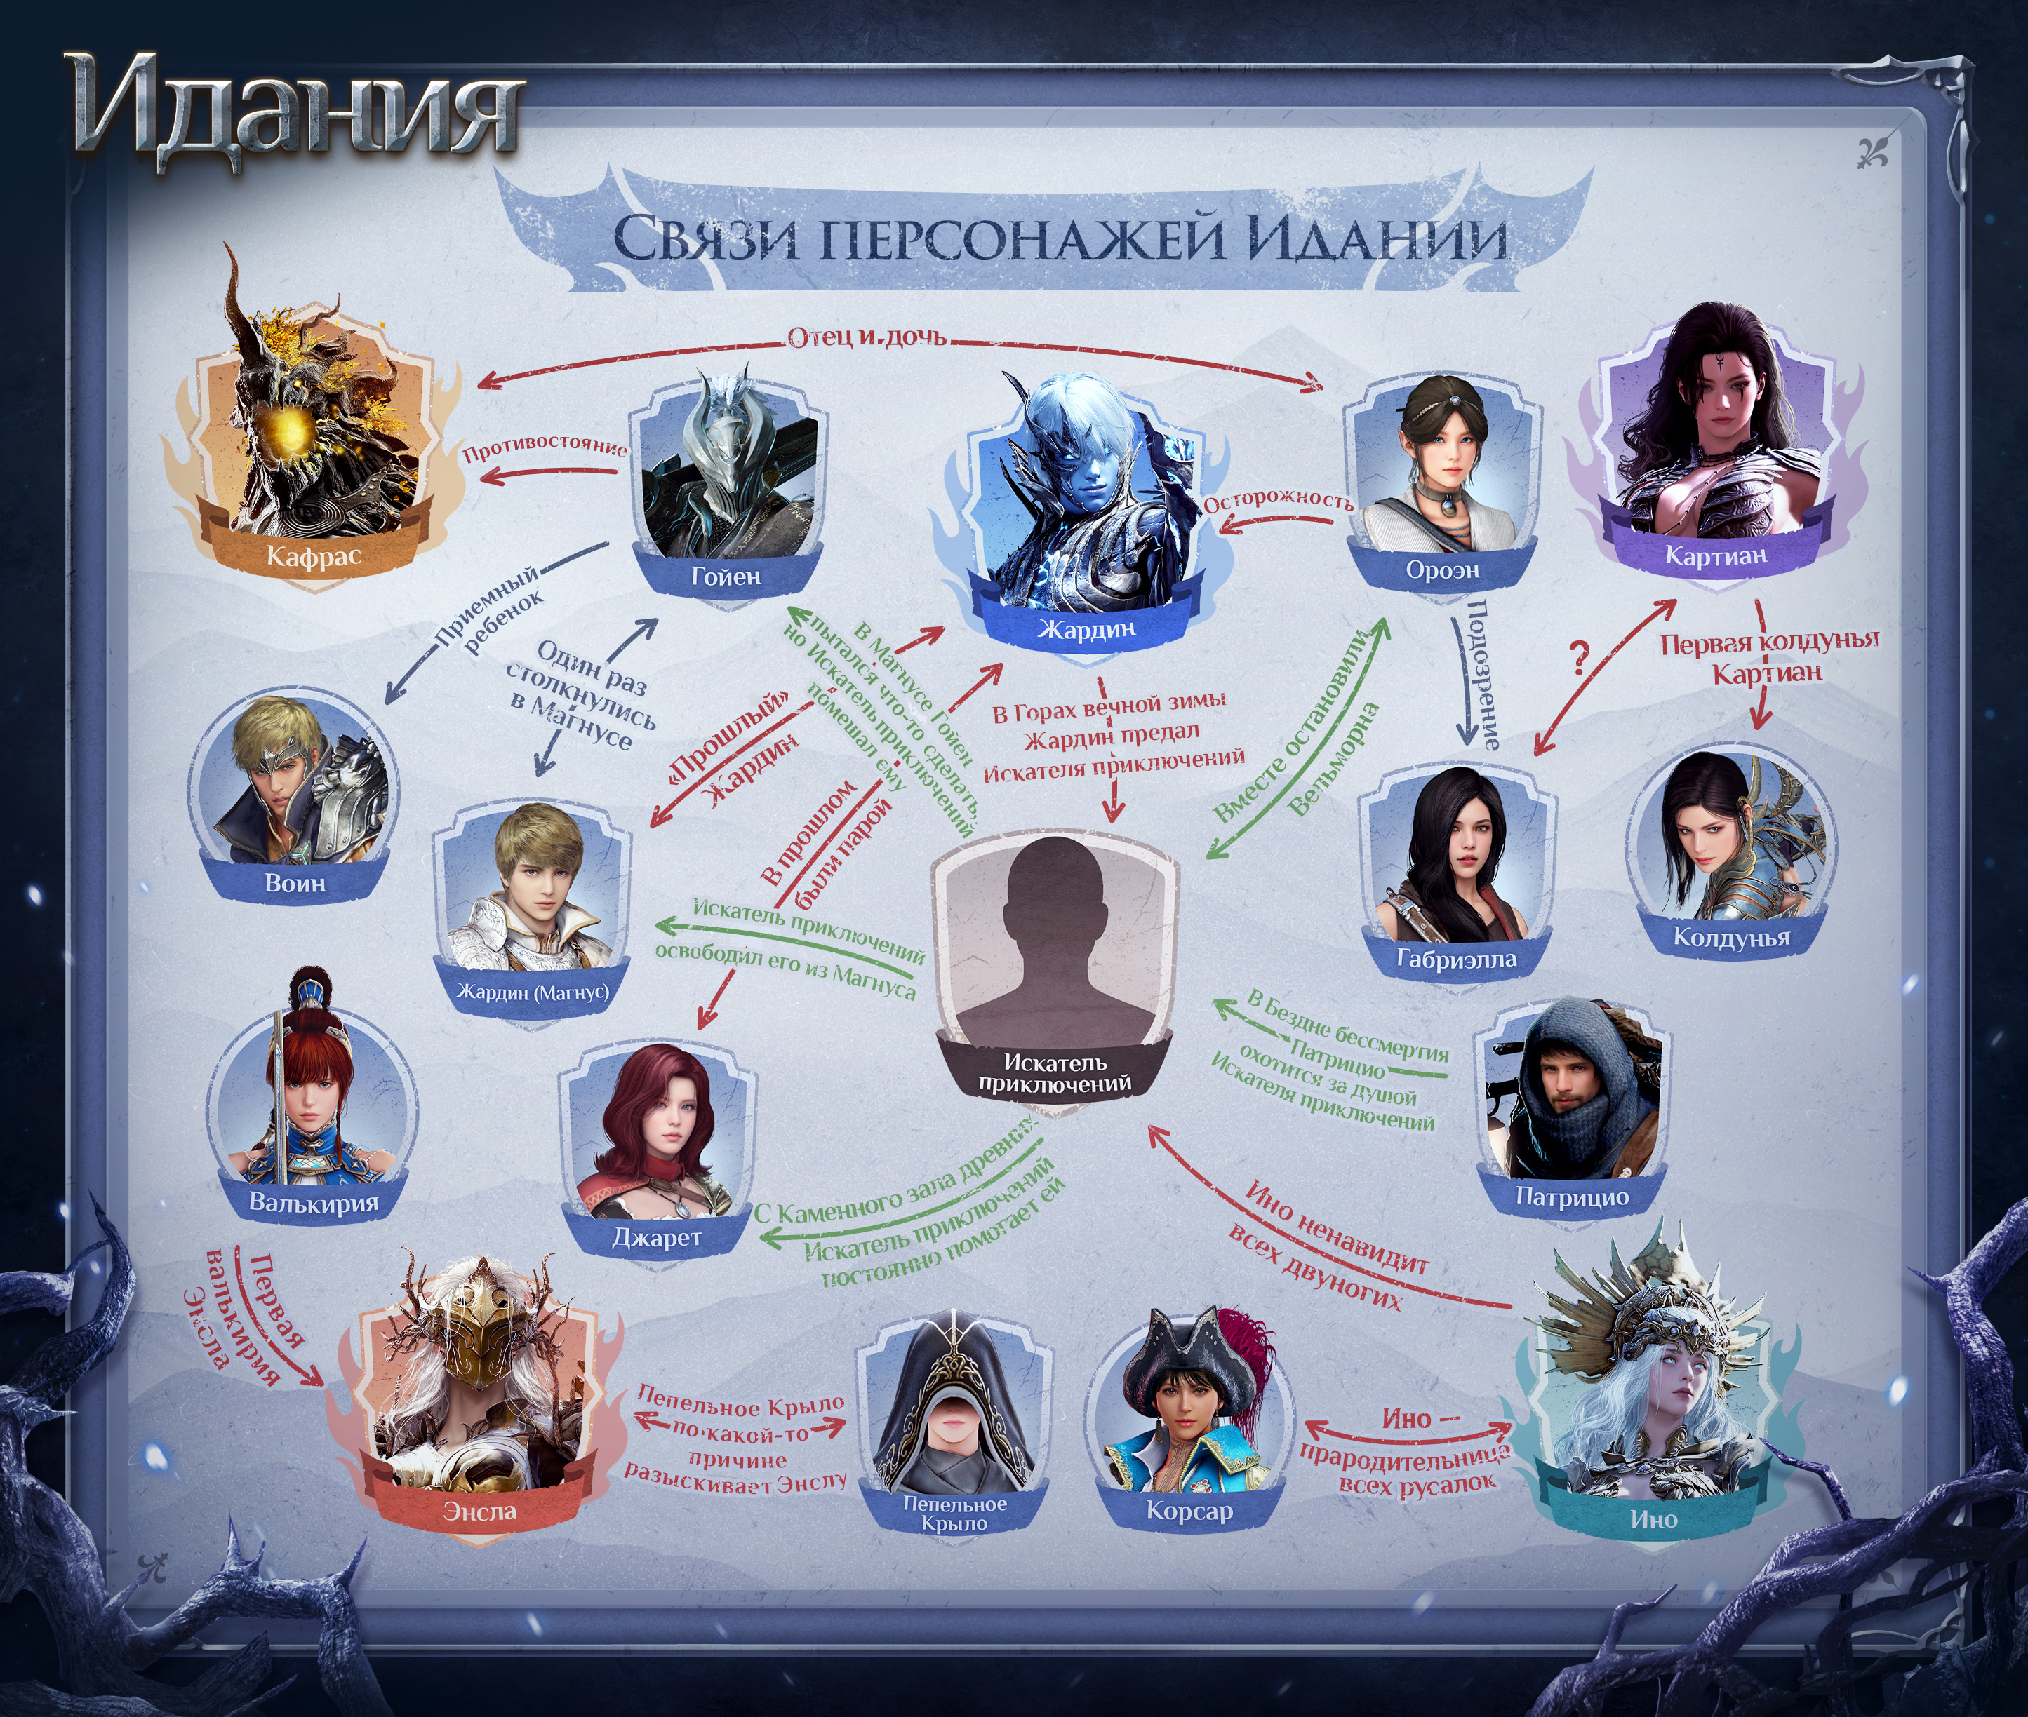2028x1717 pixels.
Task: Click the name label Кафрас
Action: [x=314, y=555]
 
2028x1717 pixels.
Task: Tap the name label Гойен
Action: [x=726, y=577]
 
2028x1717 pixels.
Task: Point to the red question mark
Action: [x=1579, y=660]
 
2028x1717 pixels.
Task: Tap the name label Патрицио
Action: [x=1571, y=1197]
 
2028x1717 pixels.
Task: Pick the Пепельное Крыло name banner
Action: [x=954, y=1514]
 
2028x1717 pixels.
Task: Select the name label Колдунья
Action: [x=1731, y=937]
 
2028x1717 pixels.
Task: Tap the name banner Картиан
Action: [x=1716, y=555]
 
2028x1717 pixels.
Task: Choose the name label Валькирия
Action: [x=314, y=1202]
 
